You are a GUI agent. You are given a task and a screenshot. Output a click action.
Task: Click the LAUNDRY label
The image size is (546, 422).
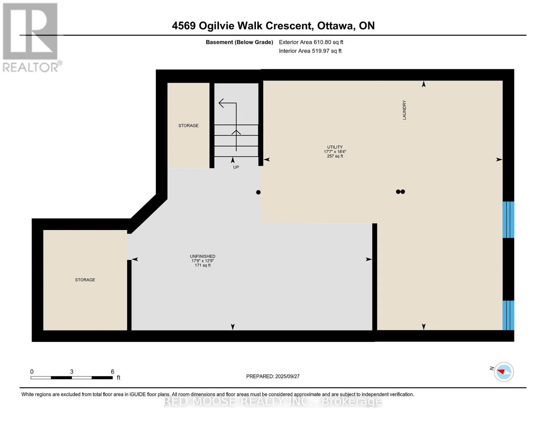pyautogui.click(x=404, y=110)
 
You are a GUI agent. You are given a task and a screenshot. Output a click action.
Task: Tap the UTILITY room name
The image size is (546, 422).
pyautogui.click(x=335, y=147)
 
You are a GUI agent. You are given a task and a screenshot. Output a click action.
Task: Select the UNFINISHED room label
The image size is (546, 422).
pyautogui.click(x=203, y=256)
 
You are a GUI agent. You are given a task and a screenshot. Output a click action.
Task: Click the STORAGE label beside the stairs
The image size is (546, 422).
pyautogui.click(x=188, y=126)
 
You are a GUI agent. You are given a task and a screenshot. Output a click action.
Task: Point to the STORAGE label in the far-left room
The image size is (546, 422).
pyautogui.click(x=85, y=280)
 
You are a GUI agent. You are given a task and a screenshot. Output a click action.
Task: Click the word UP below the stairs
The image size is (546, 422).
pyautogui.click(x=236, y=167)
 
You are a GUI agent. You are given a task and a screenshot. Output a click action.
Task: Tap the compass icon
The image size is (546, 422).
pyautogui.click(x=503, y=372)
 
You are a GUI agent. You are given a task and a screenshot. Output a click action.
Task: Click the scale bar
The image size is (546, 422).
pyautogui.click(x=72, y=377)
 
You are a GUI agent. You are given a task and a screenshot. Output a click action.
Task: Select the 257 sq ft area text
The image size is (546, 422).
pyautogui.click(x=335, y=156)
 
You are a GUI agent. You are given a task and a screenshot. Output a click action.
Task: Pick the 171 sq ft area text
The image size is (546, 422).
pyautogui.click(x=203, y=265)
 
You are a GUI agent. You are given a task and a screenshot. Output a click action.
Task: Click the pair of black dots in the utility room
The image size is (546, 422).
pyautogui.click(x=400, y=192)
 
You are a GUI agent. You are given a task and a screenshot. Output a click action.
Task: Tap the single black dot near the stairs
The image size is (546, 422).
pyautogui.click(x=258, y=192)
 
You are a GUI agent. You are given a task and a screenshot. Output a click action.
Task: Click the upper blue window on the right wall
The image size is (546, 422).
pyautogui.click(x=508, y=219)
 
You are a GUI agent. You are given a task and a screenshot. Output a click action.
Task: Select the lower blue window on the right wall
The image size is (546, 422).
pyautogui.click(x=508, y=315)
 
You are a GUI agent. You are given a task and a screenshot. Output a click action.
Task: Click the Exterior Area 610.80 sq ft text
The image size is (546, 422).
pyautogui.click(x=311, y=42)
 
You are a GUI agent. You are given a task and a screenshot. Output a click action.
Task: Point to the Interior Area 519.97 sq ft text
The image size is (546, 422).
pyautogui.click(x=310, y=51)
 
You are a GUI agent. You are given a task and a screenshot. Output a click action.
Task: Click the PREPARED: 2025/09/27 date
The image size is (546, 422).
pyautogui.click(x=273, y=376)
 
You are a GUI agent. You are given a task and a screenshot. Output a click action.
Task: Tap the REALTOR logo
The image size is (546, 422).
pyautogui.click(x=31, y=38)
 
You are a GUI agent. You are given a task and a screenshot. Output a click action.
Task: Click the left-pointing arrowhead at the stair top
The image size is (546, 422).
pyautogui.click(x=221, y=103)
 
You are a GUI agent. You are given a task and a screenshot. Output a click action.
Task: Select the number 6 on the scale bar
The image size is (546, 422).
pyautogui.click(x=112, y=371)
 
